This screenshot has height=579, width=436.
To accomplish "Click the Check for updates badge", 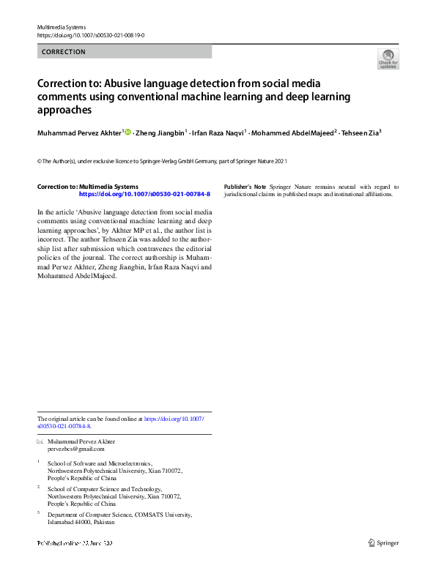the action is click(388, 59).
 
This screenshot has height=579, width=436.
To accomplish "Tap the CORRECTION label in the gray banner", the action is click(64, 52).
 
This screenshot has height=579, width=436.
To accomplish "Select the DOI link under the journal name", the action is click(90, 35).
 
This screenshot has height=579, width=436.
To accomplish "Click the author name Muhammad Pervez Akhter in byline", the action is click(79, 133).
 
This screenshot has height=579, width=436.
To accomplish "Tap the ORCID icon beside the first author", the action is click(128, 132).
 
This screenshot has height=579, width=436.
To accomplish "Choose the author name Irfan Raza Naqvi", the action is click(218, 133).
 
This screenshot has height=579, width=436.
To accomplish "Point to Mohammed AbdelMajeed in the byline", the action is click(292, 133).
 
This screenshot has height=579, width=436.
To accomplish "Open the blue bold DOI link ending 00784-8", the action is click(144, 194).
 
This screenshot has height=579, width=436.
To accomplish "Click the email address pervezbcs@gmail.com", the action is click(75, 449).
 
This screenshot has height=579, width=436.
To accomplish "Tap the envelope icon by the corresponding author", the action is click(40, 442).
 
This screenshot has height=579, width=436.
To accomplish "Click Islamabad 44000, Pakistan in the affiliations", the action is click(81, 523).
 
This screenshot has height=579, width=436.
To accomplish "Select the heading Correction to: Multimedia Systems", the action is click(87, 187).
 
